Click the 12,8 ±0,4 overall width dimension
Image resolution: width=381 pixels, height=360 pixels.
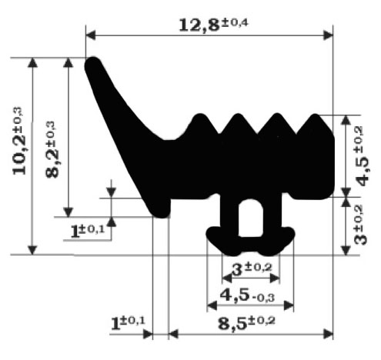213,25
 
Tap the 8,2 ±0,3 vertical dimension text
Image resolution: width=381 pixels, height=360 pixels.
52,149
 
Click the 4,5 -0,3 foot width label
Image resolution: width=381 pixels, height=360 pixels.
247,295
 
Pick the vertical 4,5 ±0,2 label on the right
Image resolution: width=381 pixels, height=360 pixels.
363,156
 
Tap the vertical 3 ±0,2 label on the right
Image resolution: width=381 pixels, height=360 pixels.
360,225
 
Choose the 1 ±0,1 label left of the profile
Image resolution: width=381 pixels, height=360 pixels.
87,231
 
